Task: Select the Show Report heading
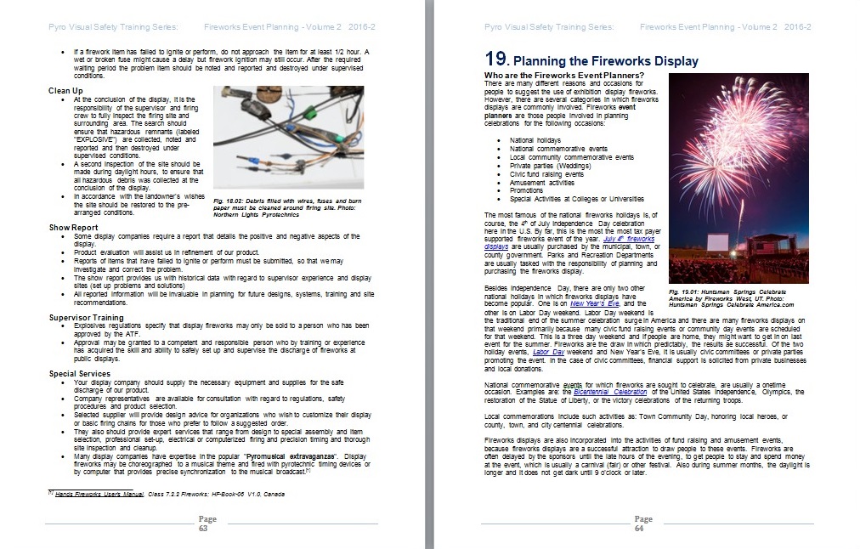pyautogui.click(x=73, y=228)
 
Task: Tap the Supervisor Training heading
pyautogui.click(x=87, y=317)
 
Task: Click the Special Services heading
pyautogui.click(x=80, y=373)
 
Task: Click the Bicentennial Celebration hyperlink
pyautogui.click(x=609, y=392)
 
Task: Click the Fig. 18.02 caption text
pyautogui.click(x=288, y=204)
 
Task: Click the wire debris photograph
pyautogui.click(x=287, y=137)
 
